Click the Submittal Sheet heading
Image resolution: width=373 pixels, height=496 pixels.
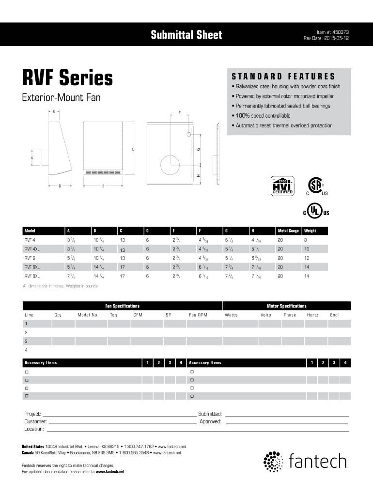(186, 34)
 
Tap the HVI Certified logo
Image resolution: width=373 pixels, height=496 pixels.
(282, 186)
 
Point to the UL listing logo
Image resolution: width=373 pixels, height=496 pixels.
(316, 211)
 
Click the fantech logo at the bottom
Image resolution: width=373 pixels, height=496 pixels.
(305, 461)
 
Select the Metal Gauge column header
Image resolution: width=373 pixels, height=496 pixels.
(288, 231)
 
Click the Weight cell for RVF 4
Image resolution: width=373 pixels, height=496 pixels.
(306, 240)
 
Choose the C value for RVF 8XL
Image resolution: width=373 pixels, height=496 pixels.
(122, 276)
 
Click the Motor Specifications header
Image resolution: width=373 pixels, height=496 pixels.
(287, 306)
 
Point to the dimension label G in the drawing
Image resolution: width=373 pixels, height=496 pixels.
(198, 149)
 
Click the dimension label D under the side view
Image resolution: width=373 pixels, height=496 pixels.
(60, 186)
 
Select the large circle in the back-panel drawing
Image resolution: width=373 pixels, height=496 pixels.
(170, 165)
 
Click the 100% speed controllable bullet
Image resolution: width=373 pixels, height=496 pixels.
(261, 116)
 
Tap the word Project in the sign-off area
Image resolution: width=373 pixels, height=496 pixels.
(32, 414)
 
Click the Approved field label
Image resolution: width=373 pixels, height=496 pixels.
(210, 421)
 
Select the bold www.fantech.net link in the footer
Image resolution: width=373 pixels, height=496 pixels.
(110, 472)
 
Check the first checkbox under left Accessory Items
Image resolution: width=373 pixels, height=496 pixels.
(27, 372)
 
